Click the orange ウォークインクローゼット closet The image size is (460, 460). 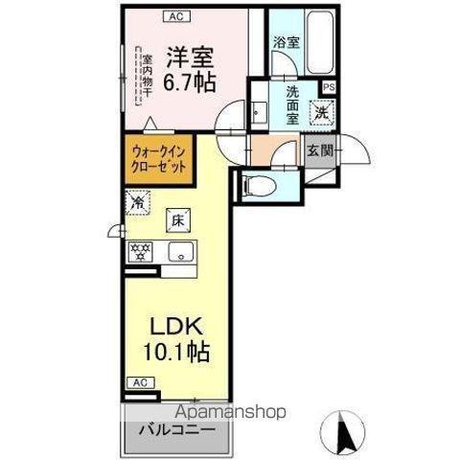(x=158, y=157)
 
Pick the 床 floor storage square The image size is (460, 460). (x=178, y=219)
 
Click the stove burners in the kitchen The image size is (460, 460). (x=141, y=252)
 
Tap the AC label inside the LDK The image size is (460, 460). (x=139, y=382)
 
